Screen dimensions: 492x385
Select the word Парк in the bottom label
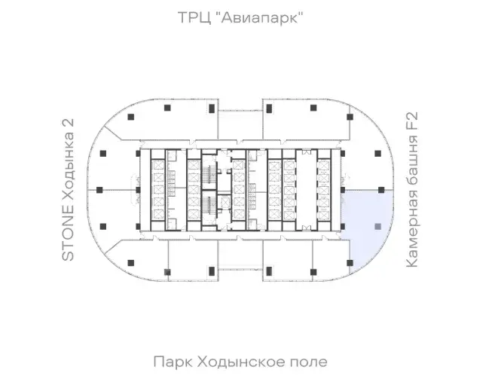[173, 362]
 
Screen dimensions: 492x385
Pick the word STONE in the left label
[68, 233]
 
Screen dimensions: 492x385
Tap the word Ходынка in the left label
[68, 167]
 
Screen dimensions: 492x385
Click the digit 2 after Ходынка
[68, 123]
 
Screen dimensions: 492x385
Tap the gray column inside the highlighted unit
[377, 226]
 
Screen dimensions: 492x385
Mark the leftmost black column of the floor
[99, 190]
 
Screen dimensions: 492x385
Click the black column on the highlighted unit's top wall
[381, 190]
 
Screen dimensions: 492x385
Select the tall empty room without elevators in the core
[306, 190]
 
